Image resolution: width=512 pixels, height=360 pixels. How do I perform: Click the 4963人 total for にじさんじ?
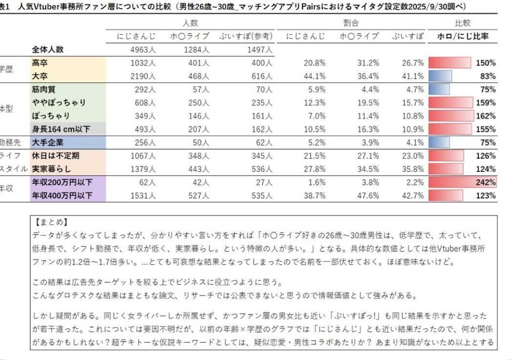point(143,50)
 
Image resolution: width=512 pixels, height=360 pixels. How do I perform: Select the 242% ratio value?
point(486,183)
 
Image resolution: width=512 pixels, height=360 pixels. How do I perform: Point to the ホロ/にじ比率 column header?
point(462,36)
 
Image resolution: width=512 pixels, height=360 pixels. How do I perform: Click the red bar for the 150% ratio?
point(449,63)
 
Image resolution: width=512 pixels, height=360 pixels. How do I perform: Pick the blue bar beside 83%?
point(440,76)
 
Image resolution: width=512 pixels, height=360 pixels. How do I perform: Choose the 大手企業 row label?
point(47,143)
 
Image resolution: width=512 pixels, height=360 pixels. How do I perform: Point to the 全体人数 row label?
point(48,50)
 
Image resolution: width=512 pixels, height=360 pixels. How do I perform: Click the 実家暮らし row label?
point(51,169)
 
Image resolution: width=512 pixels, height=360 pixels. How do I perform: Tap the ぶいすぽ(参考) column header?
point(245,36)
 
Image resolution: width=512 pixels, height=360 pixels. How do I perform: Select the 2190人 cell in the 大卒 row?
point(143,76)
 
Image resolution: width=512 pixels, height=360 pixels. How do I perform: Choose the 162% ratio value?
point(486,116)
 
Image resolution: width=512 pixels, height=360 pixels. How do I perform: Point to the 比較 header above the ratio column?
point(462,23)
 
